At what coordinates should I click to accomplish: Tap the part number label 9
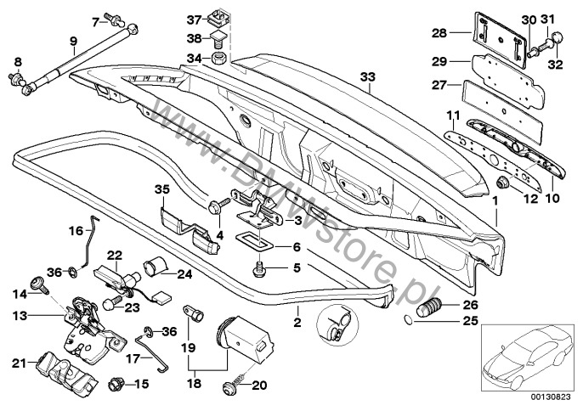pyautogui.click(x=73, y=39)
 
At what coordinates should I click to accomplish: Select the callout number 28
pyautogui.click(x=439, y=33)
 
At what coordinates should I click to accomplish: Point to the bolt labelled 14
pyautogui.click(x=38, y=287)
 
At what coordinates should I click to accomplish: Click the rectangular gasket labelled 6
pyautogui.click(x=252, y=242)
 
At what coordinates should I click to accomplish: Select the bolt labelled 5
pyautogui.click(x=260, y=270)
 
